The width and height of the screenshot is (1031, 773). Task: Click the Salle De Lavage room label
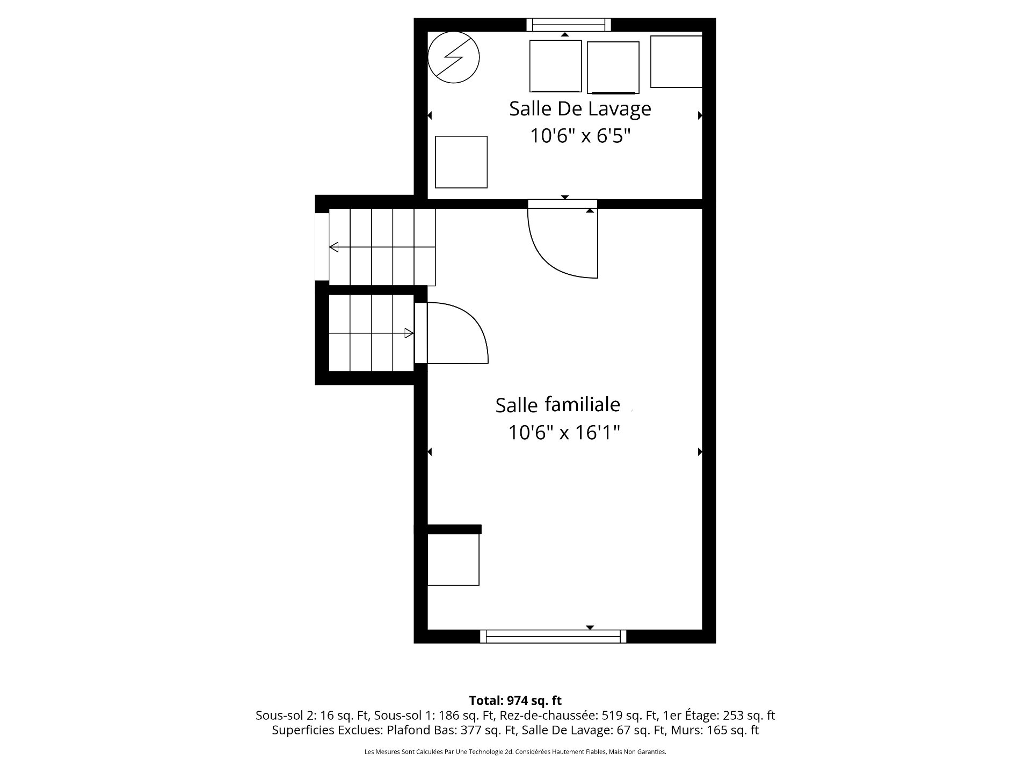[580, 109]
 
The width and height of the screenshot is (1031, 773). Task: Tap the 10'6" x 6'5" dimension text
[580, 136]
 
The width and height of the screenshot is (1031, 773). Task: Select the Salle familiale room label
[558, 405]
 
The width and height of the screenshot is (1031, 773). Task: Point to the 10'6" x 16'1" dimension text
[564, 432]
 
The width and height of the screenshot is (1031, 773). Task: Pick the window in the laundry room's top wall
[569, 25]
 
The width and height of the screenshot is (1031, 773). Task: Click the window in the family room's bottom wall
[553, 636]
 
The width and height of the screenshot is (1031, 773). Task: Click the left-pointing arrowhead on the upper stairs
[334, 247]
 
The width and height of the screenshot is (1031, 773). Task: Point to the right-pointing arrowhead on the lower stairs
[409, 333]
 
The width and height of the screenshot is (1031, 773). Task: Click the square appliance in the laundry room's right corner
[676, 62]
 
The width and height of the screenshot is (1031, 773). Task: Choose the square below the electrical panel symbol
[461, 162]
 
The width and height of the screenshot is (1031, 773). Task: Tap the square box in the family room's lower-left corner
[453, 559]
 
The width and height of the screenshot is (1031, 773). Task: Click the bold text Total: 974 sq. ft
[515, 701]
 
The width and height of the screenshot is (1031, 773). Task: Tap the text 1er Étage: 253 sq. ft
[719, 716]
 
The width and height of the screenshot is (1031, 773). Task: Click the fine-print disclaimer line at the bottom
[515, 752]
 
